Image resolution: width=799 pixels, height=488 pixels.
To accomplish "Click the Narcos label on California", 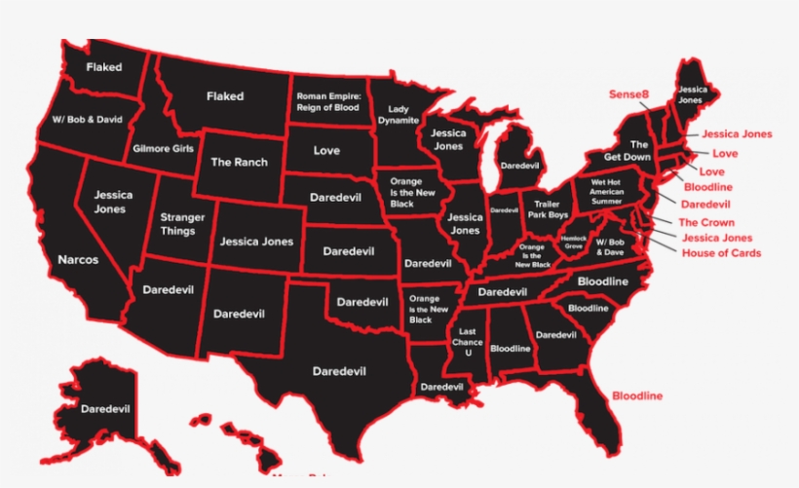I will pos(77,260).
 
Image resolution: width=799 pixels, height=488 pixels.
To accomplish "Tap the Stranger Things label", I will pos(182,225).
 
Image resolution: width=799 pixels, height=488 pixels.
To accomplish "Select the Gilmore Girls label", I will pos(163,149).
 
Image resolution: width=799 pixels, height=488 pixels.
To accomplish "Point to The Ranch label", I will pos(239,162).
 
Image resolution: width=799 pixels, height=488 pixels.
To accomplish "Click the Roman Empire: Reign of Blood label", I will pos(328,101).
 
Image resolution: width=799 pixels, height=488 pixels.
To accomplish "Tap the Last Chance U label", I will pos(468,342).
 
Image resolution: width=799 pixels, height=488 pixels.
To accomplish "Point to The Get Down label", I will pos(627,150).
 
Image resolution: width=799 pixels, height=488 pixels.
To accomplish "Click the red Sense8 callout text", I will pos(628,94).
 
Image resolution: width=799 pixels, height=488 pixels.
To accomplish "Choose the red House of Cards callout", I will pos(721,253).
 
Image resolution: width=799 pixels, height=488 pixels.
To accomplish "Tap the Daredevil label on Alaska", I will pos(106,408).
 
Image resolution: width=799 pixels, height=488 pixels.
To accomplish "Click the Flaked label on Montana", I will pos(225,96).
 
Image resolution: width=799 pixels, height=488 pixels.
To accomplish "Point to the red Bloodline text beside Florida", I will pos(637,396).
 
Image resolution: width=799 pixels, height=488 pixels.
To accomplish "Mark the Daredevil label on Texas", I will pos(338,370).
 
